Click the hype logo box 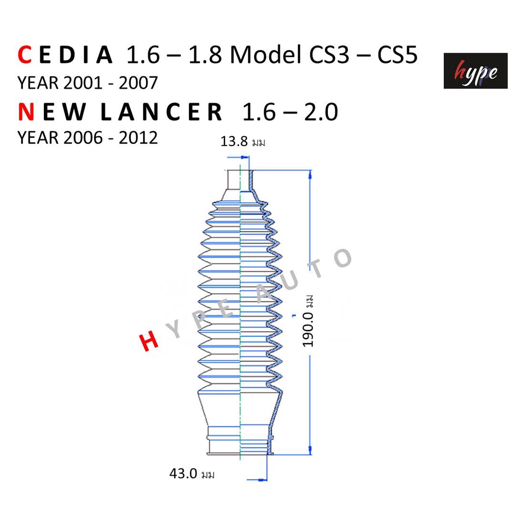tap(476, 70)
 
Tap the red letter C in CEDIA tap(25, 55)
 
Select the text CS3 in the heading tap(329, 55)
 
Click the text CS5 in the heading tap(397, 55)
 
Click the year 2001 tap(82, 83)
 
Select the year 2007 tap(138, 83)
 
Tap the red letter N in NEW tap(26, 112)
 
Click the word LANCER tap(161, 112)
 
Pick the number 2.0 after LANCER tap(321, 112)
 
